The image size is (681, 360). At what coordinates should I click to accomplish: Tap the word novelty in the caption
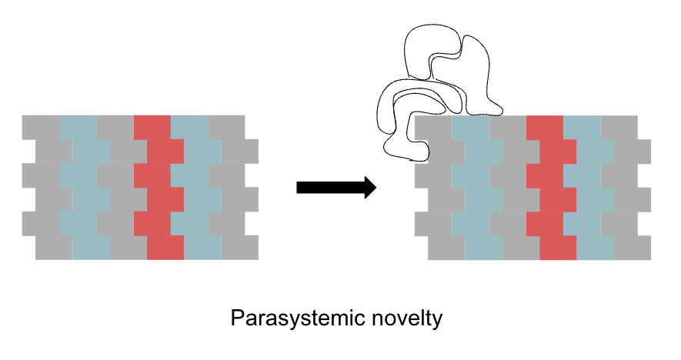(407, 318)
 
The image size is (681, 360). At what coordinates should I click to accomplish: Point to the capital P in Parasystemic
(236, 318)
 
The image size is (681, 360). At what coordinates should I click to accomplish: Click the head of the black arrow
(370, 188)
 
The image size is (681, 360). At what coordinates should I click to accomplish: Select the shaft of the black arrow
(331, 188)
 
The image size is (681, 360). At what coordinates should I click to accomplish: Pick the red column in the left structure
(159, 188)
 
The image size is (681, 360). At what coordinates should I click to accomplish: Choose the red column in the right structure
(551, 188)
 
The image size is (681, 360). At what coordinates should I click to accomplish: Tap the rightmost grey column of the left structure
(233, 188)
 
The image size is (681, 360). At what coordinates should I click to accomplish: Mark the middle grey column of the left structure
(122, 188)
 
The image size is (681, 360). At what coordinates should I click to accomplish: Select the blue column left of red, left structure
(84, 188)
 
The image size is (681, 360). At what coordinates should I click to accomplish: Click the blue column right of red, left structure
(196, 188)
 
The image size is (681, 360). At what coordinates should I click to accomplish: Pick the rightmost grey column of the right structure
(626, 188)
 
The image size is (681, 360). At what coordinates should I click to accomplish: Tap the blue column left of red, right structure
(477, 188)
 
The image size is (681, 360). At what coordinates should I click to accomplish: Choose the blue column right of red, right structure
(589, 188)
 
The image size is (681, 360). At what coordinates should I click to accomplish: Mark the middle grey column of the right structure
(514, 188)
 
